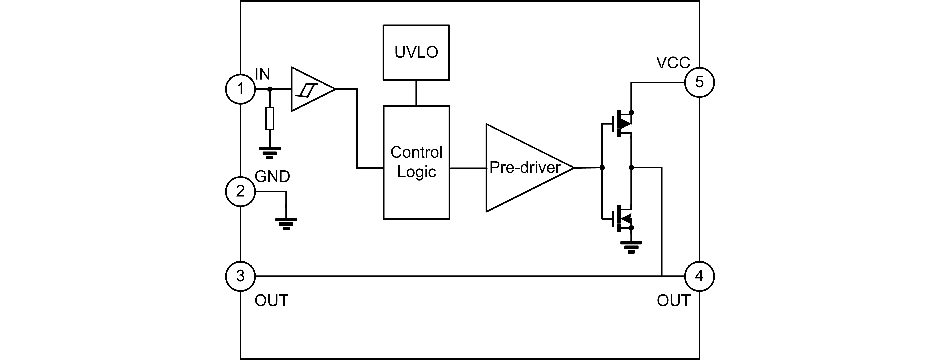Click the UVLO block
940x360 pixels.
[416, 53]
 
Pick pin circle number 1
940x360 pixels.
[240, 89]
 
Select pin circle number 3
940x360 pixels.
[240, 276]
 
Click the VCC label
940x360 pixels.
[673, 63]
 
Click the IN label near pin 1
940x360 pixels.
[262, 75]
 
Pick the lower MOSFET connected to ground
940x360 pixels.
[620, 219]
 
